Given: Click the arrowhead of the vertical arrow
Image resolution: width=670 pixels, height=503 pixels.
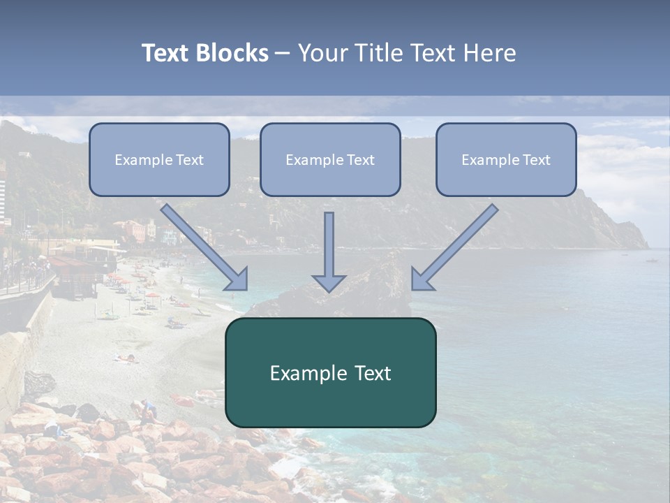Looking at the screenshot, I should click(329, 283).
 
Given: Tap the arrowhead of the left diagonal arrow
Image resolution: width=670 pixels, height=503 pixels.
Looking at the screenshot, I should click(237, 279).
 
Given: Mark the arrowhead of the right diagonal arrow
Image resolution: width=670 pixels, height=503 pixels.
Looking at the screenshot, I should click(422, 279).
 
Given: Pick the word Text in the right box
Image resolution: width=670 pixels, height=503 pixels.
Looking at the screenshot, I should click(536, 160).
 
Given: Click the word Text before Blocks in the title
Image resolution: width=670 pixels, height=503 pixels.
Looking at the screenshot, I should click(167, 53).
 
